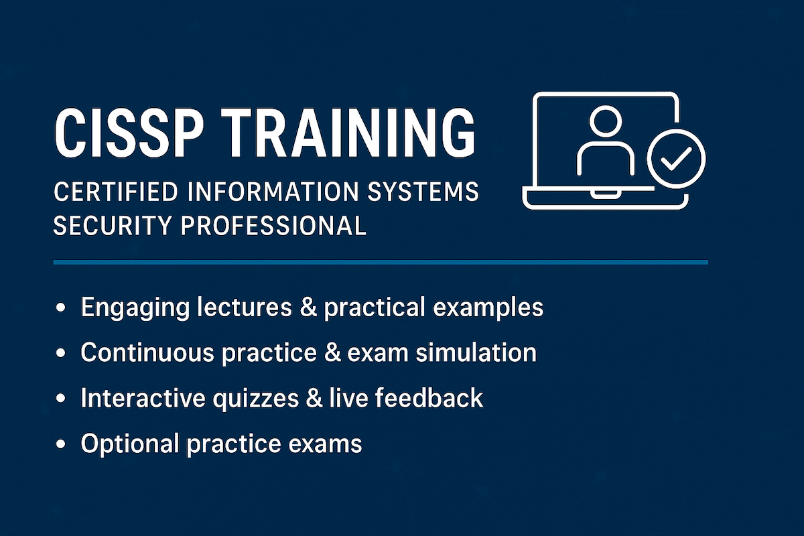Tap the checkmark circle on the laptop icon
(x=676, y=158)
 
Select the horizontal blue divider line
(x=381, y=262)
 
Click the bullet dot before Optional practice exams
(x=62, y=444)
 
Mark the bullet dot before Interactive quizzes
(x=62, y=398)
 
